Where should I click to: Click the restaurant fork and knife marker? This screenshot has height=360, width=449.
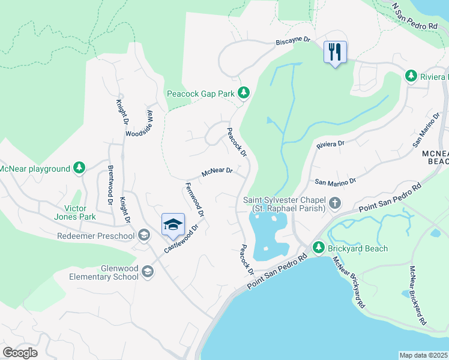pyautogui.click(x=335, y=52)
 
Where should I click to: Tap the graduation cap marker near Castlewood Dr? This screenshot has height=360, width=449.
pyautogui.click(x=173, y=224)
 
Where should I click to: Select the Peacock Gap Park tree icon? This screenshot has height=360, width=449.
pyautogui.click(x=243, y=92)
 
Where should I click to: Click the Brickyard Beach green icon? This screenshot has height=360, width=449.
pyautogui.click(x=319, y=248)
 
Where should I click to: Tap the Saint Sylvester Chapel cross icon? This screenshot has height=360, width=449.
pyautogui.click(x=335, y=204)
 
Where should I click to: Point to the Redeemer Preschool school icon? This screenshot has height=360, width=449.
pyautogui.click(x=143, y=235)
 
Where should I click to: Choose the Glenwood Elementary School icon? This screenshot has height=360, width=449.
pyautogui.click(x=147, y=272)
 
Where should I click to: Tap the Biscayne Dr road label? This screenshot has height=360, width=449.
pyautogui.click(x=292, y=40)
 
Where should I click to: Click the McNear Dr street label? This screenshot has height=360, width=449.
pyautogui.click(x=217, y=172)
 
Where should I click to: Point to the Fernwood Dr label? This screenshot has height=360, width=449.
pyautogui.click(x=195, y=200)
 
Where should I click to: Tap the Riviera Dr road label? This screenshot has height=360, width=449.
pyautogui.click(x=330, y=144)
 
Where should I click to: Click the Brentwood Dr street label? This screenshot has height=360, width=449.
pyautogui.click(x=110, y=185)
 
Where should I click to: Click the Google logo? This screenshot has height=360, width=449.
pyautogui.click(x=20, y=352)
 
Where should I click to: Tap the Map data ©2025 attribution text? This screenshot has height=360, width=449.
pyautogui.click(x=424, y=355)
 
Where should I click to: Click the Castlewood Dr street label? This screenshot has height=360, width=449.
pyautogui.click(x=183, y=238)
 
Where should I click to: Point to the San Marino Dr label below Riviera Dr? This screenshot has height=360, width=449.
pyautogui.click(x=336, y=181)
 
